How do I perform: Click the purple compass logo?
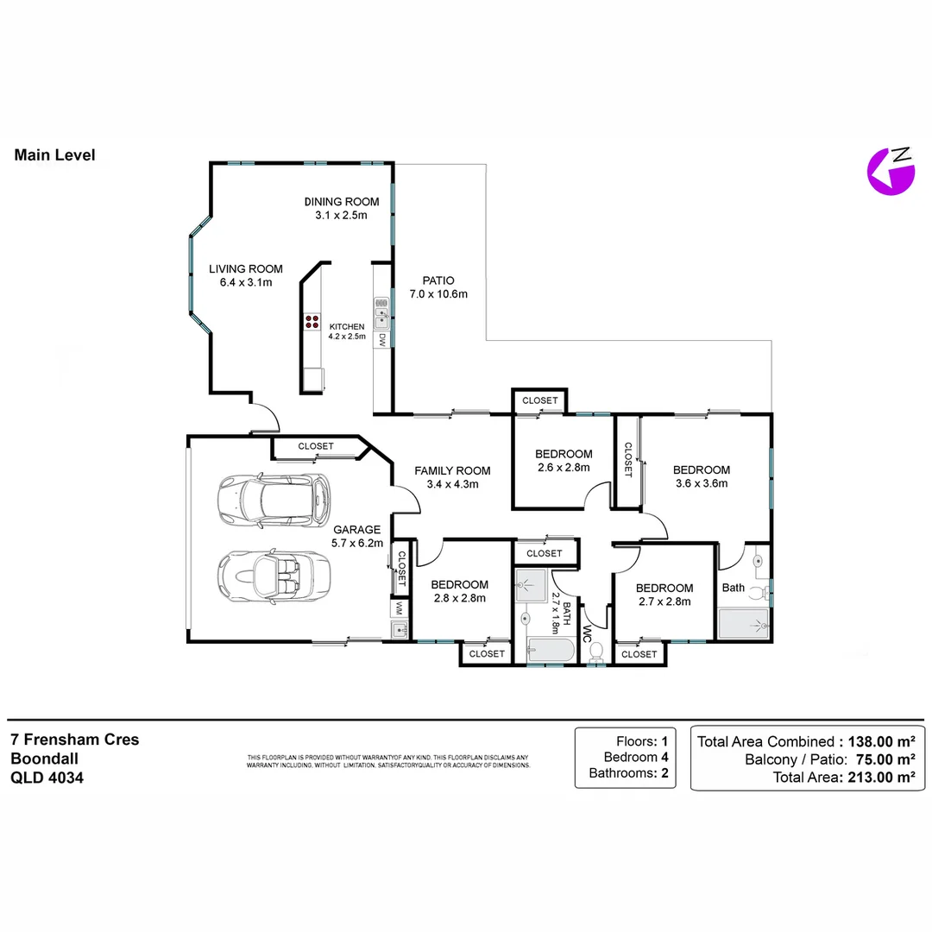click(890, 171)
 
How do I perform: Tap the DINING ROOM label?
click(341, 202)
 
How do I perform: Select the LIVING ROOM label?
click(245, 269)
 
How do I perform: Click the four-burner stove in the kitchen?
click(312, 323)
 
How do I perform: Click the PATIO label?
click(438, 280)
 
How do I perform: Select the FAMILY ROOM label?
click(452, 470)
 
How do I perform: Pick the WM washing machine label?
click(399, 608)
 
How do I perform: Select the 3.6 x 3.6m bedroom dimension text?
click(701, 484)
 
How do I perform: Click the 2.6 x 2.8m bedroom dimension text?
click(563, 468)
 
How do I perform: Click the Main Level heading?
click(54, 155)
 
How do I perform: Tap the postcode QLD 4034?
click(47, 777)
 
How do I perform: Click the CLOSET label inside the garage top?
click(316, 446)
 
